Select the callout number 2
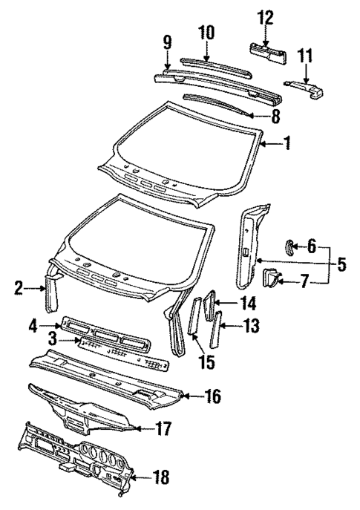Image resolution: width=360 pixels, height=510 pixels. (x=19, y=287)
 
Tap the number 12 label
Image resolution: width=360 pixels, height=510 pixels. (x=266, y=16)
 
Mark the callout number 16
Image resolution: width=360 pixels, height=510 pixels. (x=213, y=396)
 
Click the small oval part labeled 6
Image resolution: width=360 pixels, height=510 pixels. (x=290, y=246)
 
